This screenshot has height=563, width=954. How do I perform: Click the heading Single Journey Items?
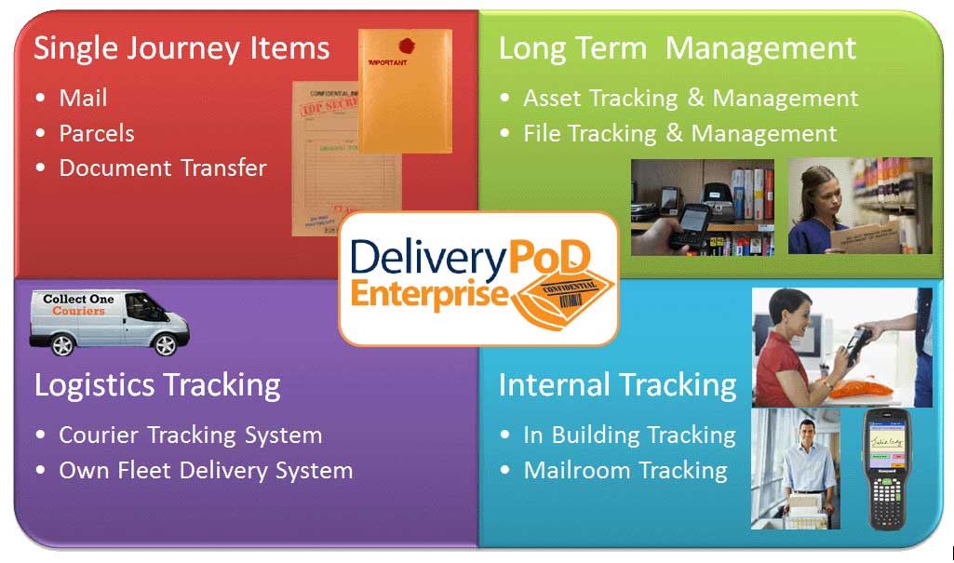pos(181,48)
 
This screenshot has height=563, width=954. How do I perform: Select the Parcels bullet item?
pos(97,133)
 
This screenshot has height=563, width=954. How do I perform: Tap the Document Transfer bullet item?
pos(163,168)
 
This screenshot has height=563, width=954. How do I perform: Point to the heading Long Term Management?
pos(677,48)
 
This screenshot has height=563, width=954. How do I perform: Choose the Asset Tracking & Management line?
pos(691,98)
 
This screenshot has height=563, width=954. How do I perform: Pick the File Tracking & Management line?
pos(679,134)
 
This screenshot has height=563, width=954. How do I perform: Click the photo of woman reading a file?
pos(859,206)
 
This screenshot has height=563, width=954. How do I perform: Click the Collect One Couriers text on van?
pos(79,305)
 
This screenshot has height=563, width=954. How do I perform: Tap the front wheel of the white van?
pos(166,345)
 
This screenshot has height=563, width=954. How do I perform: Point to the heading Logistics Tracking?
pos(157,384)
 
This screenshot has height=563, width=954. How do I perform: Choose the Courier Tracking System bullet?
pos(190,436)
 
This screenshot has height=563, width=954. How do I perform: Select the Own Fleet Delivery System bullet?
pos(206,471)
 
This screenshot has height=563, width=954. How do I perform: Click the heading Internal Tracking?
pos(617,384)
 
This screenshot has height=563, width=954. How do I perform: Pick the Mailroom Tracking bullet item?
pos(625,471)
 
